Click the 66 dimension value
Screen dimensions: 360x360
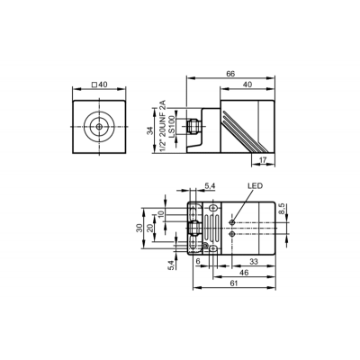point(230,73)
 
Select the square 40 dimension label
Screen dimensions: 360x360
point(99,85)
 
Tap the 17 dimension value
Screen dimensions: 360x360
point(263,160)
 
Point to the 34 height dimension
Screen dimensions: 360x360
point(150,130)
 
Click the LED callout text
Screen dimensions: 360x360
point(255,186)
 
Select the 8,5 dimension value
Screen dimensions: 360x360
point(281,209)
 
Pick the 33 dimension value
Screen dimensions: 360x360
point(254,262)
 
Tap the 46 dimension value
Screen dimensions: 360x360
point(245,273)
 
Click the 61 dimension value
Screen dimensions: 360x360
point(234,283)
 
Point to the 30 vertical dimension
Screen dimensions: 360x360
point(139,228)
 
